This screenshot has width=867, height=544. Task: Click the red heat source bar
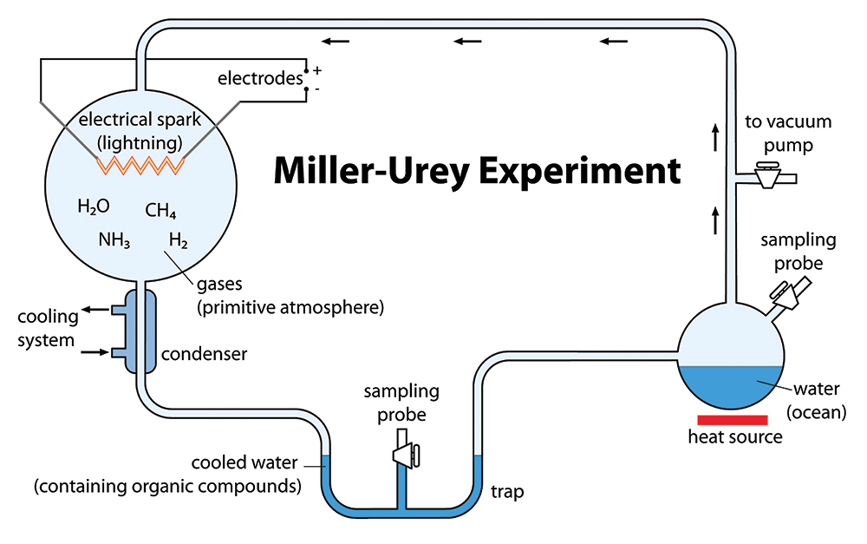tap(732, 420)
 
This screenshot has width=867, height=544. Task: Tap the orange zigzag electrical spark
tap(140, 165)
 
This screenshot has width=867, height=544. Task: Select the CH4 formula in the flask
tap(160, 211)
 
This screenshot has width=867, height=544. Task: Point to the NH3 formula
tap(114, 240)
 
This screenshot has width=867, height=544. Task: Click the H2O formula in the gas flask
tap(94, 206)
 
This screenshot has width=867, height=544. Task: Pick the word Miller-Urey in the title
tap(372, 170)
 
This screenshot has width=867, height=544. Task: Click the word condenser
tap(204, 354)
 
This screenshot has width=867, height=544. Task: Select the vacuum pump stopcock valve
tap(767, 175)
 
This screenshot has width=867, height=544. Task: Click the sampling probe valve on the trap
tap(407, 455)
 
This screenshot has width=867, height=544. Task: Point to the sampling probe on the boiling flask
tap(791, 294)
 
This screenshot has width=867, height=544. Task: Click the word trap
tap(507, 492)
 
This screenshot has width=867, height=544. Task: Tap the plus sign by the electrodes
tap(316, 70)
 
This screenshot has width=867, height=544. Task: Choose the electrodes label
tap(260, 79)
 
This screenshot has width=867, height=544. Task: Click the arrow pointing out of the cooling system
tap(95, 310)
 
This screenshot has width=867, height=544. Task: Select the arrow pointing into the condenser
tap(95, 352)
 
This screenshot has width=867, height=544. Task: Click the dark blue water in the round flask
tap(731, 386)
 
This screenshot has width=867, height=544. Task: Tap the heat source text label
tap(735, 436)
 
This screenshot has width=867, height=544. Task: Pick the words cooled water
tap(244, 462)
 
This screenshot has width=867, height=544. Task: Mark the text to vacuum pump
tap(788, 134)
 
